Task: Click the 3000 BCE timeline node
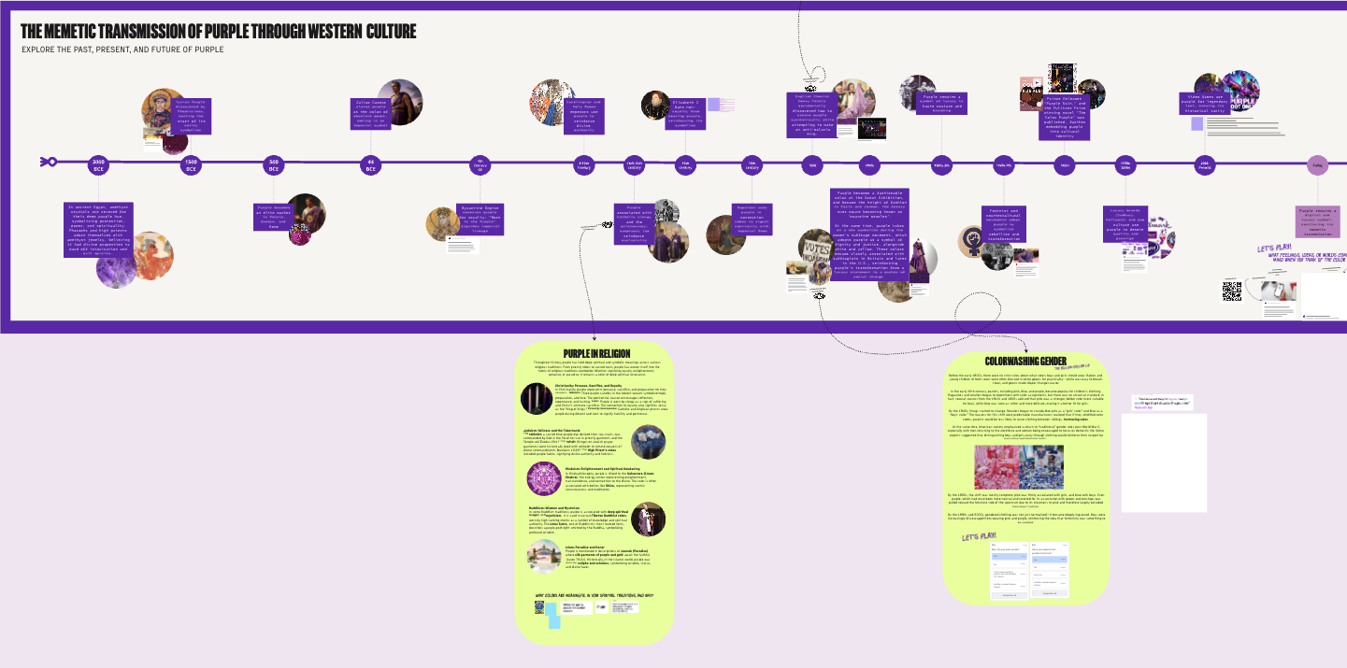98,164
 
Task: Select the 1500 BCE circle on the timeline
191,164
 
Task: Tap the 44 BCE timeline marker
370,164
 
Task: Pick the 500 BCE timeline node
273,164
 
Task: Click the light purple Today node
1317,165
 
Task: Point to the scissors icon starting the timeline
47,163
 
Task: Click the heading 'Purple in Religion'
596,352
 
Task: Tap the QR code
1231,291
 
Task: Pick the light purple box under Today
1318,221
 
